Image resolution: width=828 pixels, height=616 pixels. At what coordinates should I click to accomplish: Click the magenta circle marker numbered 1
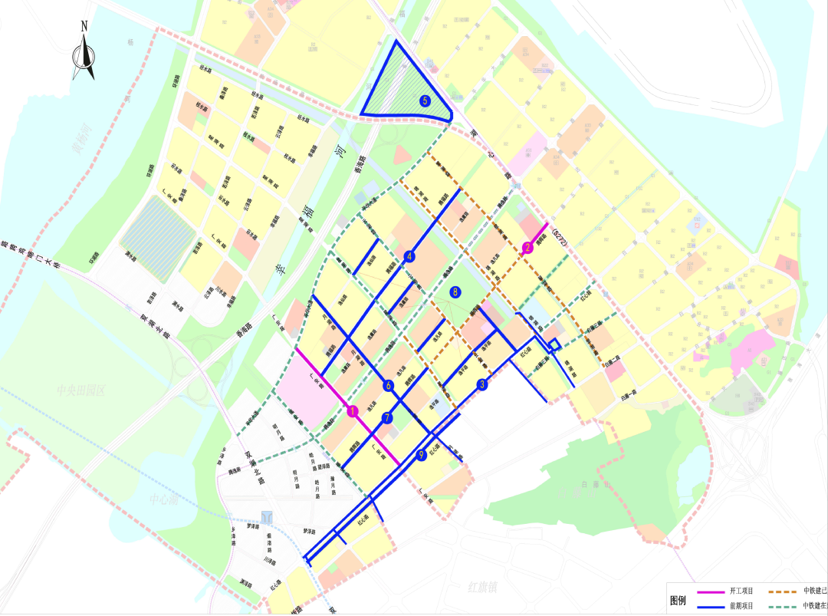(353, 411)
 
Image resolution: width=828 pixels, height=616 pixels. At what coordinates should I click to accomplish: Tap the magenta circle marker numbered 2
(527, 247)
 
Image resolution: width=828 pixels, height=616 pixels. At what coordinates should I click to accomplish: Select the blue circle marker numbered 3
(482, 385)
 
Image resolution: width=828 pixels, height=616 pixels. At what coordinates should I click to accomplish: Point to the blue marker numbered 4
(410, 256)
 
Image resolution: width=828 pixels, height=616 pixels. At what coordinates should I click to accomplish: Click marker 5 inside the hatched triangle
(425, 100)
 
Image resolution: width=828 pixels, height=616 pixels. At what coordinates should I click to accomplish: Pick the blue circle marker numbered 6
(389, 386)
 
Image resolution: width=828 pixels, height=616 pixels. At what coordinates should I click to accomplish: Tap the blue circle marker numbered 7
(387, 418)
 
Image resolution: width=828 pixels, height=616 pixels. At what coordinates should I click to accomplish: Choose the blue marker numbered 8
(455, 292)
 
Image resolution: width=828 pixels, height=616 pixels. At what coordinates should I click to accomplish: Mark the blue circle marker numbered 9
(421, 455)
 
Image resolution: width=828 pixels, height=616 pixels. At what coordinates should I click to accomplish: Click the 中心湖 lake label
(163, 499)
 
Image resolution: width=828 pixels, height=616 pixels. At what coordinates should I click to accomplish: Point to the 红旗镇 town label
(485, 587)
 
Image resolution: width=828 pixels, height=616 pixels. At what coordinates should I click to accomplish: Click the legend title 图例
(678, 600)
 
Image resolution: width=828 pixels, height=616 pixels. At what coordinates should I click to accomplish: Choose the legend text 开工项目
(741, 591)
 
